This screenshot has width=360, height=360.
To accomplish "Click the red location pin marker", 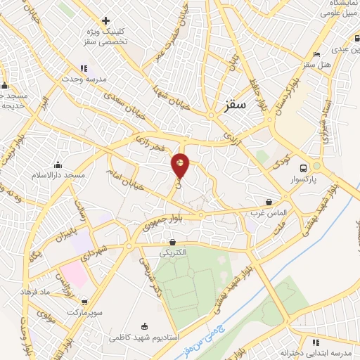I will tap(181, 165).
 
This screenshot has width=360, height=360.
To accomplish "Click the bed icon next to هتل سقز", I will tap(317, 54).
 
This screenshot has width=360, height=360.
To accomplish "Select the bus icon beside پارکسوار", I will tap(304, 168).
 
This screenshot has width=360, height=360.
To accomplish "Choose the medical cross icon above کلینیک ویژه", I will tap(106, 21).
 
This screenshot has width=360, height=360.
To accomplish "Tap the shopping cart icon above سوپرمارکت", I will tap(84, 302).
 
